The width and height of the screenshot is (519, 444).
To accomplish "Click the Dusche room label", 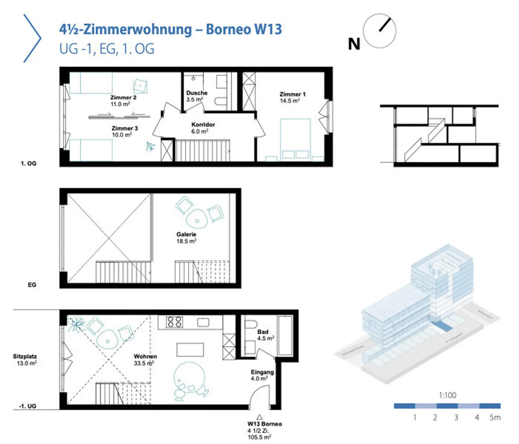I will (196, 93).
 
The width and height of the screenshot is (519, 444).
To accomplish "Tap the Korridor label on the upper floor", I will (203, 125).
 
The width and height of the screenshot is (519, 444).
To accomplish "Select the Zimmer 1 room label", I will (292, 94).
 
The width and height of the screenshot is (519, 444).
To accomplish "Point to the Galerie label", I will (186, 234).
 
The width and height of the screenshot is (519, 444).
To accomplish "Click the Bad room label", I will (263, 332).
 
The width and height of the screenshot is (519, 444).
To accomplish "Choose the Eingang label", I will (262, 372).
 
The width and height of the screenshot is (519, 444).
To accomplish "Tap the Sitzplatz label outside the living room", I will (25, 356).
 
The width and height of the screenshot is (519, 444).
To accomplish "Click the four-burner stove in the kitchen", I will (174, 322).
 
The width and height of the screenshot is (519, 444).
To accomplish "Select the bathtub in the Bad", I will (285, 335).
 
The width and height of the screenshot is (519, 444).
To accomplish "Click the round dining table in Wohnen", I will (189, 377).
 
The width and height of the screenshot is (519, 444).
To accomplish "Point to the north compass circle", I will (379, 31).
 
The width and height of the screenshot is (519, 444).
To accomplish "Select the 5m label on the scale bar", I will (495, 418).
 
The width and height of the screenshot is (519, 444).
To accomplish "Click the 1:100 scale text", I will (447, 395).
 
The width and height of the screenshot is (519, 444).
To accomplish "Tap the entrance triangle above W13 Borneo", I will (259, 417).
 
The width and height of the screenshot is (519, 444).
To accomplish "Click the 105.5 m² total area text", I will (259, 437).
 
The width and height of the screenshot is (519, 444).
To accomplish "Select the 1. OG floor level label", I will (28, 163).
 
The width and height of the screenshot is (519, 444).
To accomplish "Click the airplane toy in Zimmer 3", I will (150, 146).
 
